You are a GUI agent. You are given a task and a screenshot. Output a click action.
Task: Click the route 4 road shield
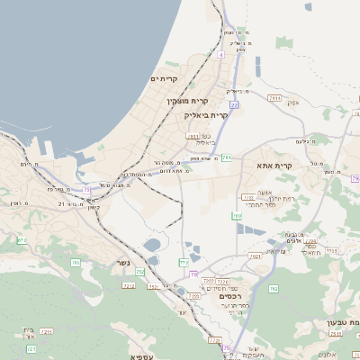coord(220,55)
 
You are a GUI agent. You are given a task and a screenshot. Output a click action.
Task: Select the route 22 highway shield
coord(234,105)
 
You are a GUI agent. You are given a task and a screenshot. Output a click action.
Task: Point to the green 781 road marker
coord(227,157)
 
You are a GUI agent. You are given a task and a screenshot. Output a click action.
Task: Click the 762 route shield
coord(273,289)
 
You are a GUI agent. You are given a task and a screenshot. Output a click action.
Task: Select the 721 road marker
coord(31,347)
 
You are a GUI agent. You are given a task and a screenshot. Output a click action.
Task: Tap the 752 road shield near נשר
coord(139,271)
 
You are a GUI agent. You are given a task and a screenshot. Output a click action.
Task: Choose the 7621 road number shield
coord(255,256)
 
